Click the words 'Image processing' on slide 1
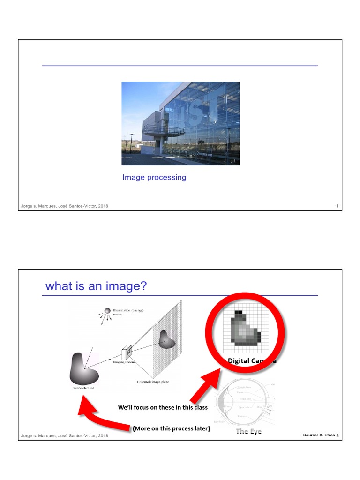[154, 177]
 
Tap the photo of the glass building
[180, 123]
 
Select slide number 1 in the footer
[337, 206]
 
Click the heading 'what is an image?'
[96, 286]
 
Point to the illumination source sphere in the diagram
[107, 310]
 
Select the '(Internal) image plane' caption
[153, 382]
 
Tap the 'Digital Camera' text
[252, 361]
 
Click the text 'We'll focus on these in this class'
[163, 407]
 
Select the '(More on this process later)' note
[171, 428]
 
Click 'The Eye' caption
[248, 431]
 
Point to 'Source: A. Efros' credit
[319, 435]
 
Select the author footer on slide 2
[65, 436]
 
